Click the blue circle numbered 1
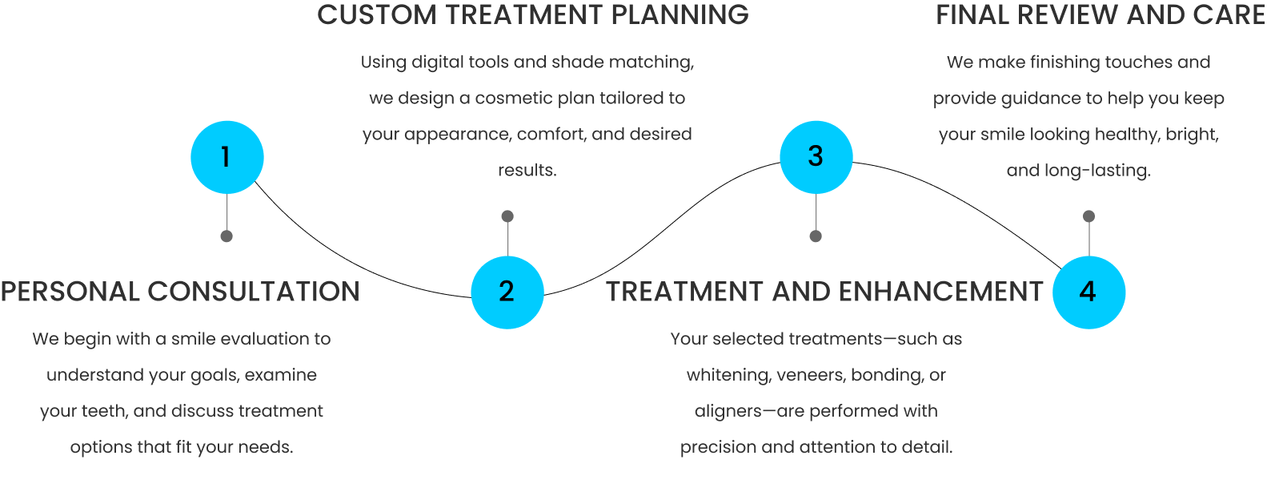tap(227, 157)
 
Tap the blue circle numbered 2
tap(507, 292)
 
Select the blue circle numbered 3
tap(816, 157)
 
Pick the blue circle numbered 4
tap(1089, 292)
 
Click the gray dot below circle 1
tap(227, 236)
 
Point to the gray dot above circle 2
tap(507, 216)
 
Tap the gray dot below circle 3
tap(816, 236)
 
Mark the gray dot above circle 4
tap(1089, 216)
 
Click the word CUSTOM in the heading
tap(376, 15)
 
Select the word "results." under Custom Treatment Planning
tap(527, 170)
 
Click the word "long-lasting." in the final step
tap(1097, 170)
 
